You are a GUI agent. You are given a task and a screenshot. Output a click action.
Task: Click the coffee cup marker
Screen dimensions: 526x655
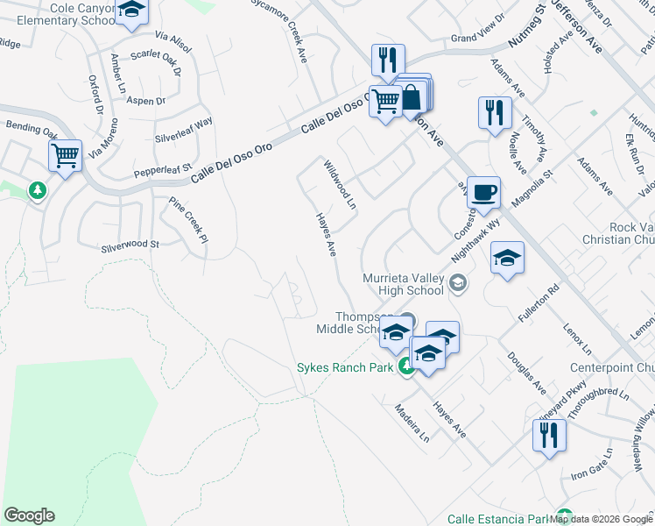(x=482, y=193)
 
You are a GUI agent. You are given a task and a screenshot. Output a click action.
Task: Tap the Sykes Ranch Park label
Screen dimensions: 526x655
(x=345, y=367)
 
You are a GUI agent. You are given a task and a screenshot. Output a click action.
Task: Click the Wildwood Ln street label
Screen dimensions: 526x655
(x=340, y=184)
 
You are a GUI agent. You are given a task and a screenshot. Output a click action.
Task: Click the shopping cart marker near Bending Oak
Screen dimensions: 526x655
(x=65, y=157)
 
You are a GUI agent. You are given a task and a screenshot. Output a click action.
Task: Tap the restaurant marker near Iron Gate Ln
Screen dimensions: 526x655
(x=549, y=436)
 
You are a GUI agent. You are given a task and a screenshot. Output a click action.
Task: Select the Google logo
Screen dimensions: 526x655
(x=29, y=515)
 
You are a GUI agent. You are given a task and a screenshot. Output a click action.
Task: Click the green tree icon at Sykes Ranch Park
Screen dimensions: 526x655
(x=405, y=367)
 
